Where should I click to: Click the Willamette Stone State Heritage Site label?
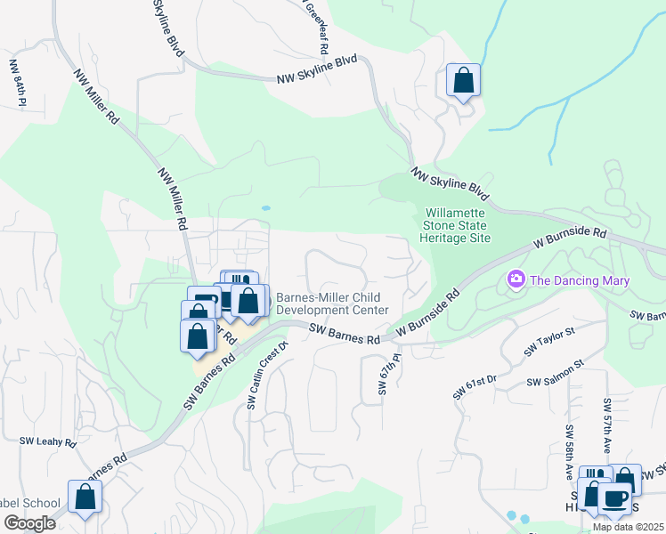(458, 226)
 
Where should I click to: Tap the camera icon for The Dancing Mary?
(516, 280)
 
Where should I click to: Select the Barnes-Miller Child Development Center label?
(332, 303)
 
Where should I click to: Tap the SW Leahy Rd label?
(49, 441)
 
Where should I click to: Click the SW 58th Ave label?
(567, 449)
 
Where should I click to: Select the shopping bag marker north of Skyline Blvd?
(463, 80)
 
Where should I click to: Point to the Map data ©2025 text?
(628, 527)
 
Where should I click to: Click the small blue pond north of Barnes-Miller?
(266, 208)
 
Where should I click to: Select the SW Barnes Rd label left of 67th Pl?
(345, 334)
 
